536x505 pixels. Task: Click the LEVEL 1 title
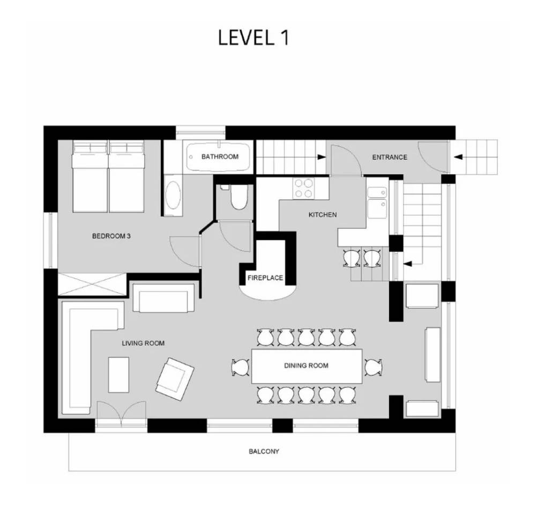pos(254,37)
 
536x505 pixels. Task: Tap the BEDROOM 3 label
pos(111,236)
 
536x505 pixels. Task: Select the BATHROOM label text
pos(220,157)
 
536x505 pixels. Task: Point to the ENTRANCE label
pos(390,157)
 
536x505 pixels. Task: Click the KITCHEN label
pos(322,215)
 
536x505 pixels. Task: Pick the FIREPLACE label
pos(265,278)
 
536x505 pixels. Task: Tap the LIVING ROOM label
pos(143,343)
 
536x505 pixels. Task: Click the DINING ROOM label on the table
pos(306,366)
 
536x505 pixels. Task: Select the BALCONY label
pos(264,451)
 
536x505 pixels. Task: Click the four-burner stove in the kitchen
pos(303,189)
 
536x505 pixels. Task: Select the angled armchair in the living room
pos(175,379)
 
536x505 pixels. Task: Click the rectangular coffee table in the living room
pos(118,375)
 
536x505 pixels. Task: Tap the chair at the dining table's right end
pos(373,367)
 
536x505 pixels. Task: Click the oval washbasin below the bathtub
pos(173,195)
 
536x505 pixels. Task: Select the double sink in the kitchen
pos(377,203)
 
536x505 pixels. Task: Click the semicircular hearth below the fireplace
pos(267,292)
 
